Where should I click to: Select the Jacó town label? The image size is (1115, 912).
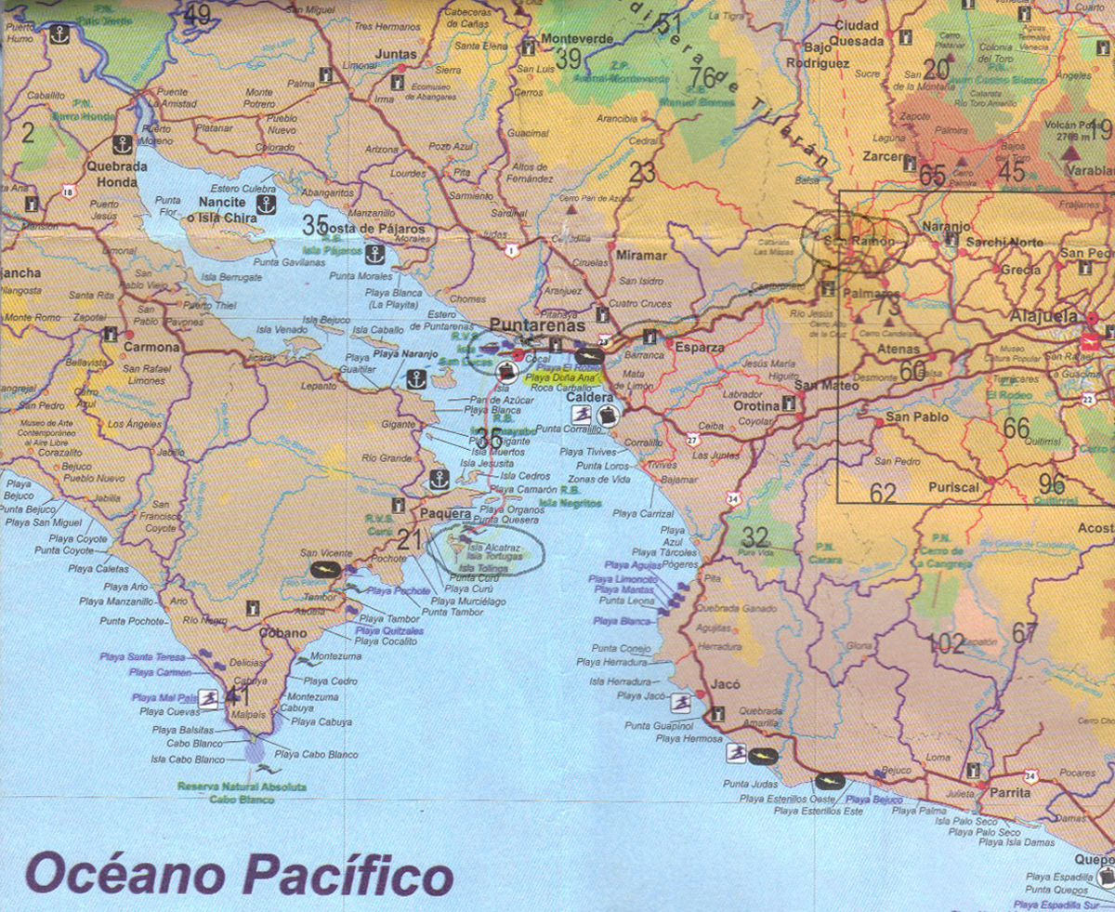tap(725, 684)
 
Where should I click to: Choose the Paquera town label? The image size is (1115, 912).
tap(447, 513)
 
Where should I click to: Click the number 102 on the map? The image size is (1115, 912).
tap(946, 643)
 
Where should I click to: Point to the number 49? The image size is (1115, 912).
tap(197, 15)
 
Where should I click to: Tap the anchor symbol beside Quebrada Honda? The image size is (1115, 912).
tap(122, 144)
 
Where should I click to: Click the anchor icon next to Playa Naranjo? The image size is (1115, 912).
tap(415, 378)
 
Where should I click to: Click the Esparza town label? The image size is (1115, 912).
tap(700, 347)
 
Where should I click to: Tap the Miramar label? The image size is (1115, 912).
tap(641, 255)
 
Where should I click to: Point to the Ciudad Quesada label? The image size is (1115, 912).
tap(859, 33)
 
